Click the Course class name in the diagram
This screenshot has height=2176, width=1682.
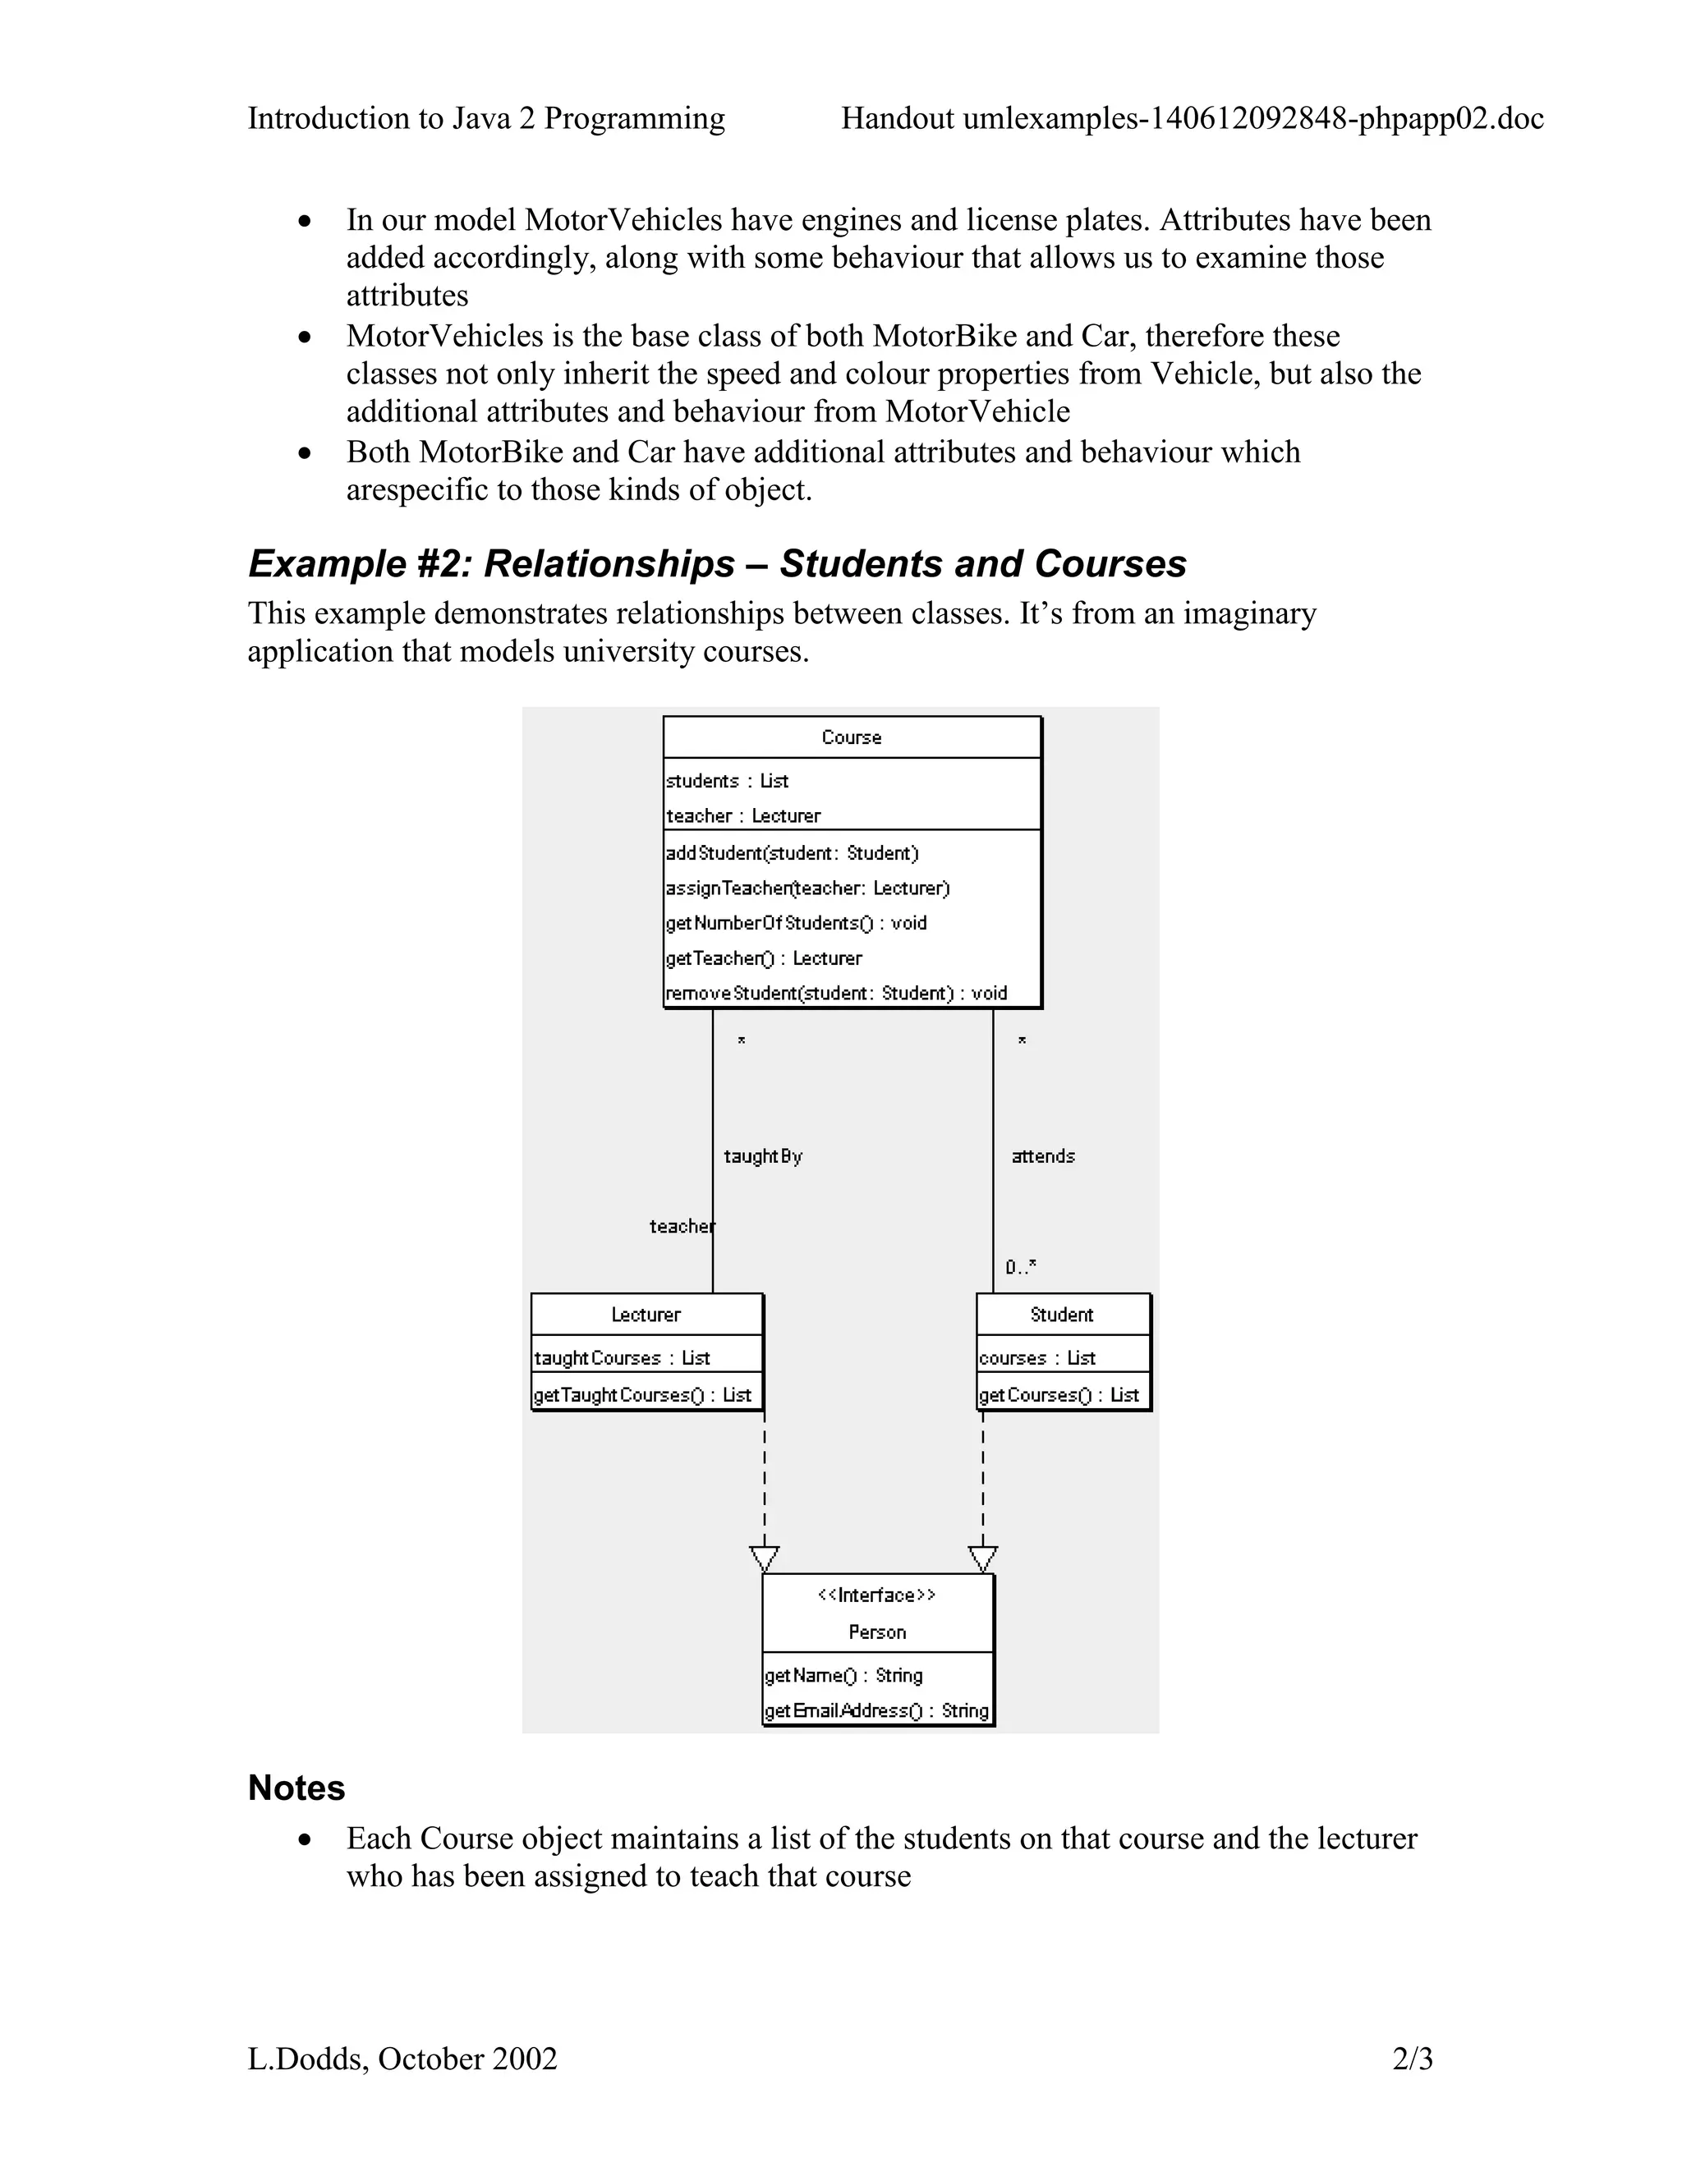point(851,737)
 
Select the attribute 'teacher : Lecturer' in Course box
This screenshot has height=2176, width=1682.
point(743,816)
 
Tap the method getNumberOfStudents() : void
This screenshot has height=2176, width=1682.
point(796,924)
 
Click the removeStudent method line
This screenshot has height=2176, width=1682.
point(836,994)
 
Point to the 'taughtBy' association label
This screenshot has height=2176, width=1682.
point(762,1157)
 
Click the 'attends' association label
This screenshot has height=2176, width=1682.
point(1042,1157)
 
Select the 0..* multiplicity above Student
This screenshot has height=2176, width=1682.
point(1020,1267)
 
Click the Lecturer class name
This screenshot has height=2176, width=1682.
point(646,1315)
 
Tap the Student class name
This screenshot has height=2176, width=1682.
point(1061,1315)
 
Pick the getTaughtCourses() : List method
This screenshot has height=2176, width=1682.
point(643,1396)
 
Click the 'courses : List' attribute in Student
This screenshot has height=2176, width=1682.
point(1036,1359)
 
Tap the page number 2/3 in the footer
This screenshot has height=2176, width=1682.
point(1412,2059)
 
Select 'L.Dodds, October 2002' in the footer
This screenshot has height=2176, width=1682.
point(402,2059)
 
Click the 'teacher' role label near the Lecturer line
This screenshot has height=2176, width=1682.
point(682,1227)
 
